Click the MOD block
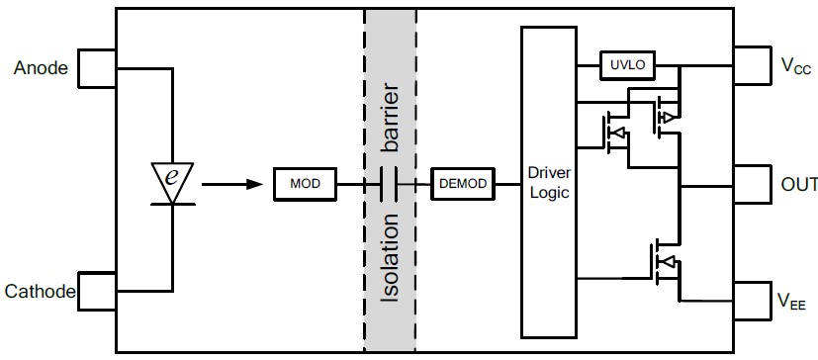pyautogui.click(x=306, y=184)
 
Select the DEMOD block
pyautogui.click(x=463, y=184)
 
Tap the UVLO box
pyautogui.click(x=627, y=65)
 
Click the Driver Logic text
pyautogui.click(x=549, y=183)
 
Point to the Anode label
pyautogui.click(x=41, y=68)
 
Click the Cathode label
pyautogui.click(x=40, y=291)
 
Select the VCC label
pyautogui.click(x=795, y=65)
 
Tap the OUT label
pyautogui.click(x=799, y=184)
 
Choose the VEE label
pyautogui.click(x=791, y=301)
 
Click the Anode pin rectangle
pyautogui.click(x=97, y=68)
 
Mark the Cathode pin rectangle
pyautogui.click(x=97, y=291)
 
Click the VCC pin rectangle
pyautogui.click(x=753, y=65)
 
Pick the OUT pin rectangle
pyautogui.click(x=753, y=184)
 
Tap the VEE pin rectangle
pyautogui.click(x=753, y=301)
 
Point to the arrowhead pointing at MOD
pyautogui.click(x=254, y=184)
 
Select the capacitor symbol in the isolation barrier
pyautogui.click(x=389, y=184)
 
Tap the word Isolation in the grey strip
pyautogui.click(x=391, y=257)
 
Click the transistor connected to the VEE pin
pyautogui.click(x=665, y=263)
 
